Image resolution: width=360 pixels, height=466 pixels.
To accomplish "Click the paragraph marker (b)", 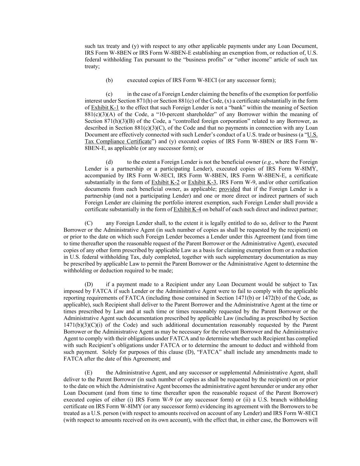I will point(109,80).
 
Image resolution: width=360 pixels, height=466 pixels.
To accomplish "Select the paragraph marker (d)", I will point(109,162).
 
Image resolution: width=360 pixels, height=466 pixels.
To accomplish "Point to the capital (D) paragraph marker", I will point(89,284).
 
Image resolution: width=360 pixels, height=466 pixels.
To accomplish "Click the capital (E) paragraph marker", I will point(88,372).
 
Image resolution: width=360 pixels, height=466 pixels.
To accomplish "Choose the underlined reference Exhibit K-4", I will point(187,209).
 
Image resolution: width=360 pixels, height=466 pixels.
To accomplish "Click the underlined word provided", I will point(229,189).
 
